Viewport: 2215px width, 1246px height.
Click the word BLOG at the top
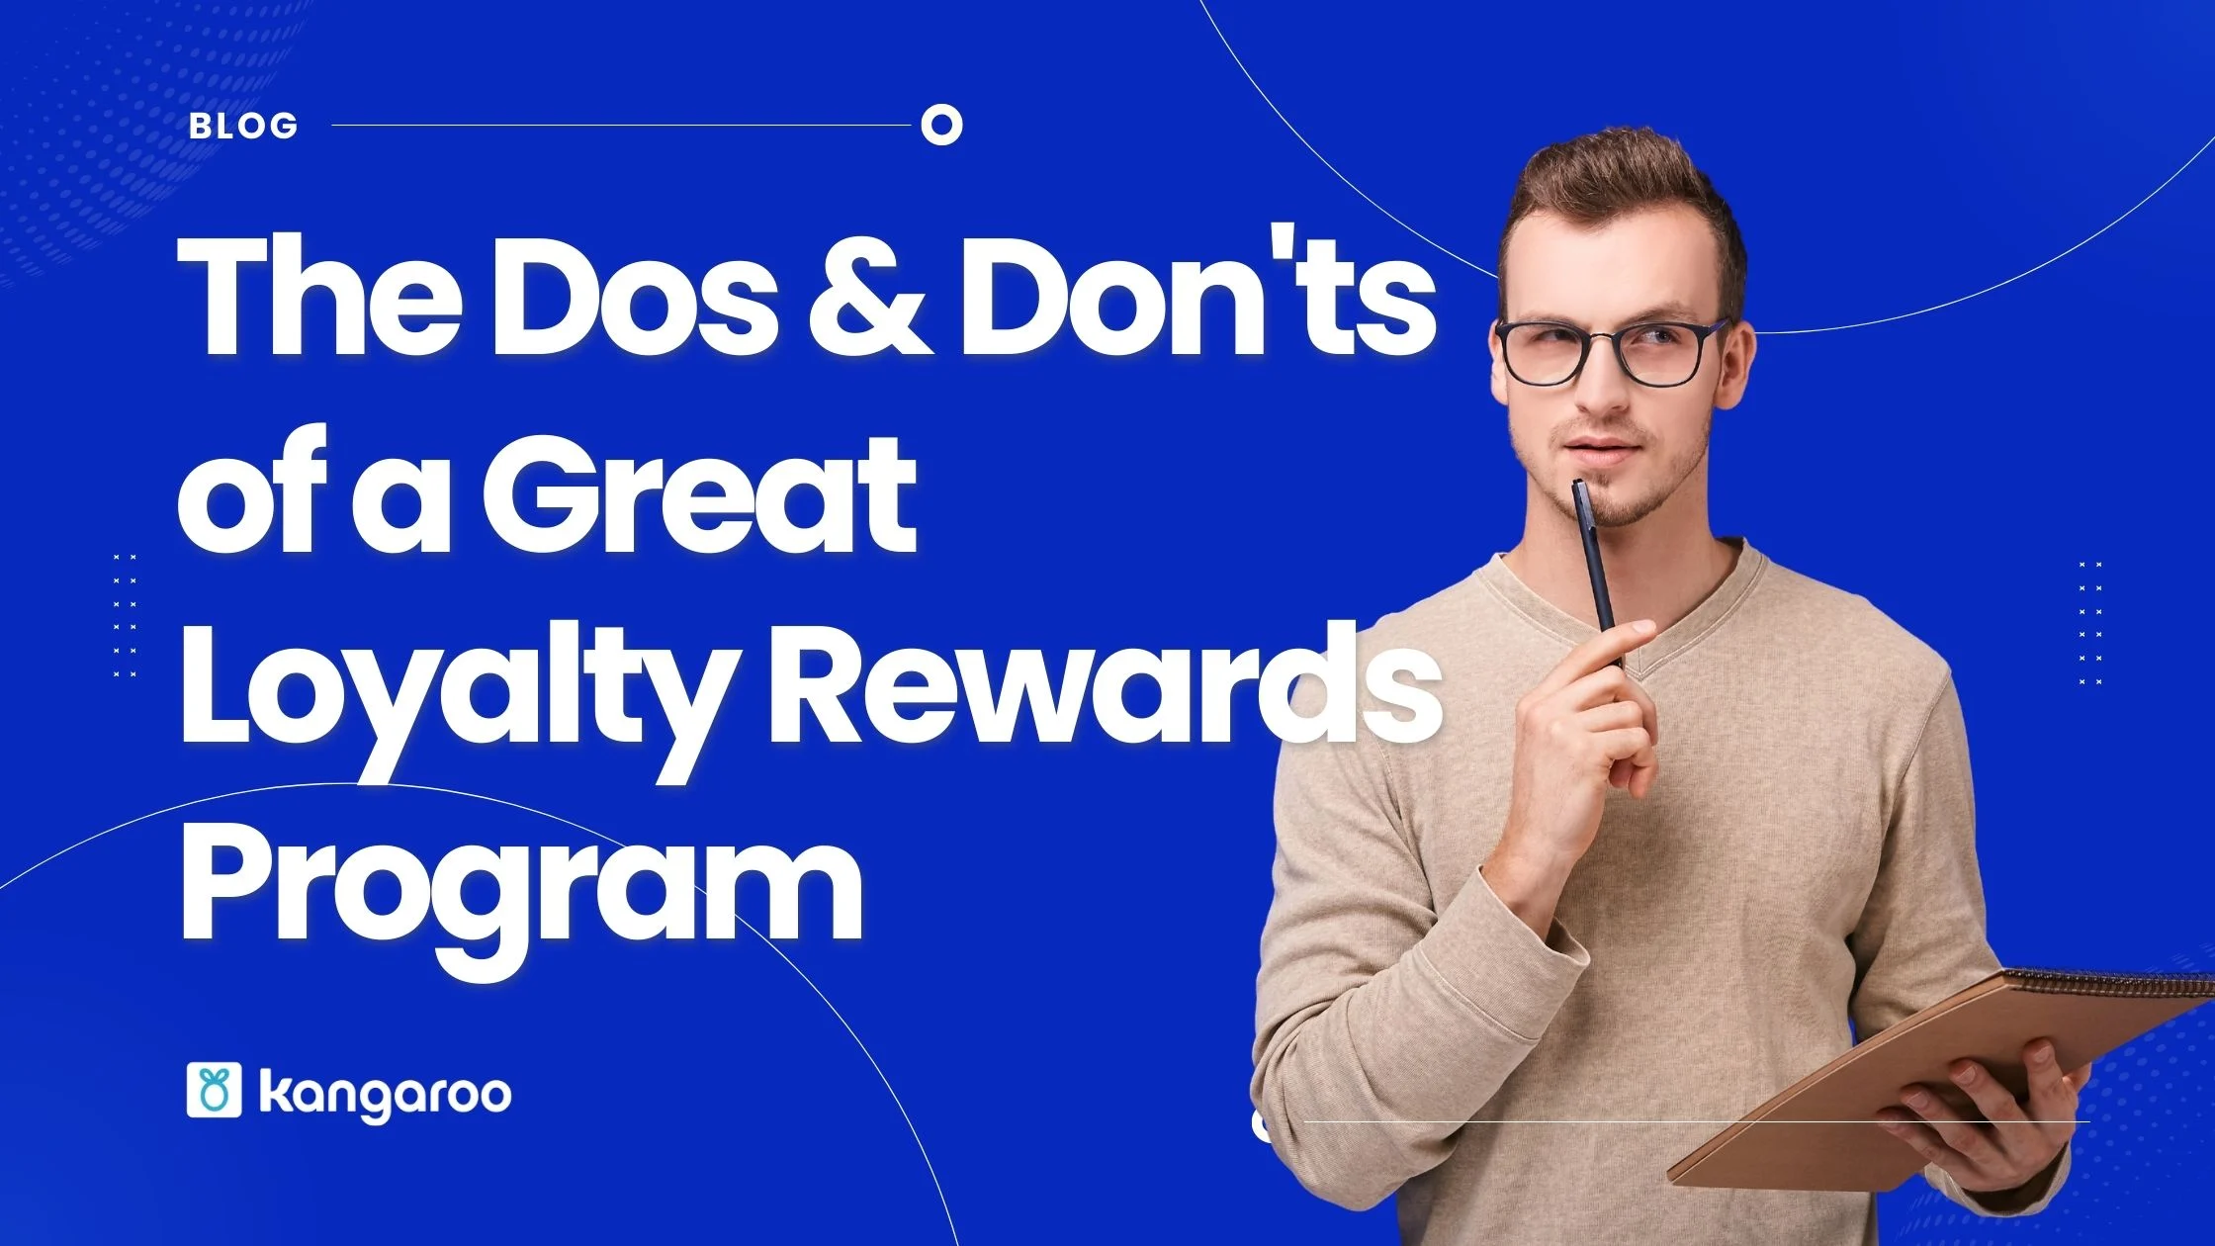coord(243,126)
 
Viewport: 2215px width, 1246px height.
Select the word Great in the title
coord(698,492)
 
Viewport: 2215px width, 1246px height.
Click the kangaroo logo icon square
coord(214,1091)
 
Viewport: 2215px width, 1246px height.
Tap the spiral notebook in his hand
coord(1938,1078)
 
